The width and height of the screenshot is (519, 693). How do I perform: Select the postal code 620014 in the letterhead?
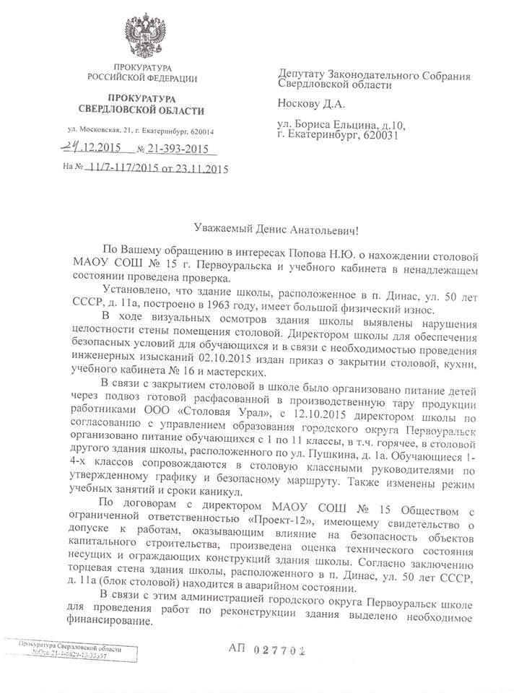point(206,131)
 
